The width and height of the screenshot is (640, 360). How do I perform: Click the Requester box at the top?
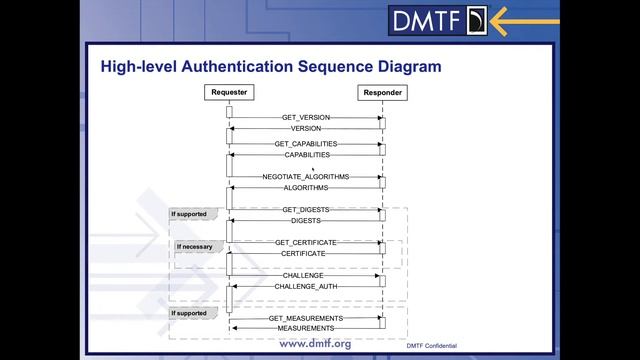(229, 93)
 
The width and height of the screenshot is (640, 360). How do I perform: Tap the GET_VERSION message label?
(305, 118)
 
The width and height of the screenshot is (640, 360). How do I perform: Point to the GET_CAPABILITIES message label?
(306, 144)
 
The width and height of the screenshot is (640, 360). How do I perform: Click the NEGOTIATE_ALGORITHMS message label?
(306, 176)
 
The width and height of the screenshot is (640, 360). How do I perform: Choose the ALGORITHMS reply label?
(306, 187)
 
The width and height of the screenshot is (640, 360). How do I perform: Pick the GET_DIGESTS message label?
(306, 210)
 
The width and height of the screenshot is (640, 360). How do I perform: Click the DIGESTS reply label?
(306, 220)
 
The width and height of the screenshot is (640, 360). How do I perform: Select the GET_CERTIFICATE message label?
(306, 243)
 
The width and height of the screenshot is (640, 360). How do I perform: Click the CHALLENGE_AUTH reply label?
(306, 286)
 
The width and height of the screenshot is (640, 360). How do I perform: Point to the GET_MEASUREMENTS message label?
(306, 318)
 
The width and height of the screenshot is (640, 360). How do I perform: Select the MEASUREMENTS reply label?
(306, 328)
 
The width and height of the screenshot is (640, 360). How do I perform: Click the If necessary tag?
(195, 246)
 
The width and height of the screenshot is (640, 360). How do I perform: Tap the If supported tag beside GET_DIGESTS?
(189, 214)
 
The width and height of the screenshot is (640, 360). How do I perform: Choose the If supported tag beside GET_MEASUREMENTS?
(189, 313)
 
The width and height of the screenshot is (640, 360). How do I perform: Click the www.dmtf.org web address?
(314, 344)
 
